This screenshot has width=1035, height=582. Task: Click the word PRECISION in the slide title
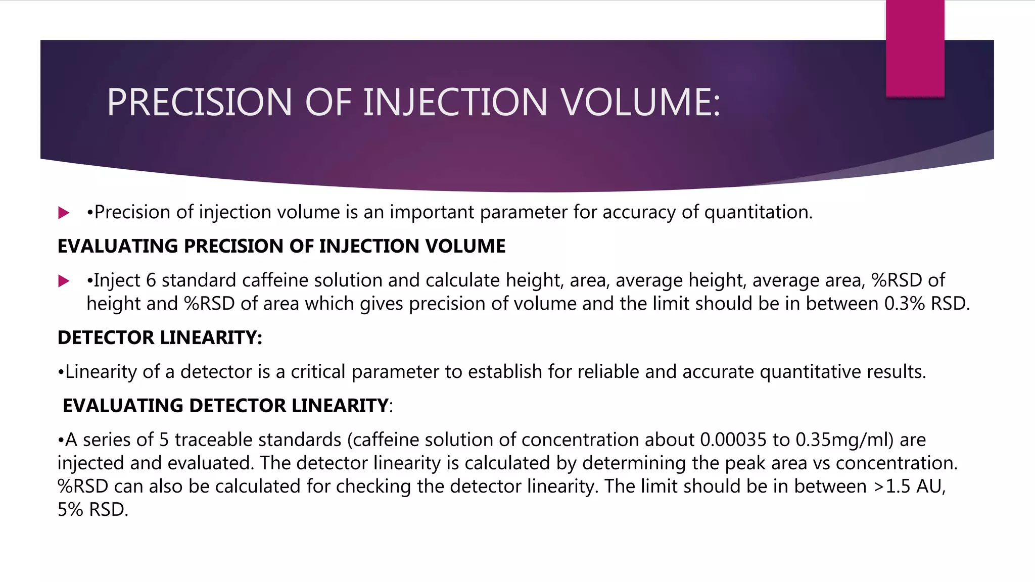tap(199, 102)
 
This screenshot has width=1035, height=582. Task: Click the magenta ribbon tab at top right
tap(915, 48)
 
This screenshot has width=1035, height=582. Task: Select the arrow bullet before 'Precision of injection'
tap(64, 213)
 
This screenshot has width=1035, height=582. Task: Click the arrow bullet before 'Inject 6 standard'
tap(64, 281)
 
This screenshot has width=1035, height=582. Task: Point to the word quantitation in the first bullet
tap(758, 212)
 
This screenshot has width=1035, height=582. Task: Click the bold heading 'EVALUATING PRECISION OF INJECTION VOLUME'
tap(281, 246)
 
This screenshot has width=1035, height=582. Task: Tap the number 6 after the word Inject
tap(151, 280)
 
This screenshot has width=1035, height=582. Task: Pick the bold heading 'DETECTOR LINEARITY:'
tap(160, 337)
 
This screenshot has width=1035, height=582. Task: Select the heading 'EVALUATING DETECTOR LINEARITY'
tap(225, 406)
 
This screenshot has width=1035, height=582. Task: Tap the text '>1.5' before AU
tap(892, 487)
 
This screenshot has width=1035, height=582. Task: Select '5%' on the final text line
tap(70, 510)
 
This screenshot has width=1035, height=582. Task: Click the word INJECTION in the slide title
tap(455, 102)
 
